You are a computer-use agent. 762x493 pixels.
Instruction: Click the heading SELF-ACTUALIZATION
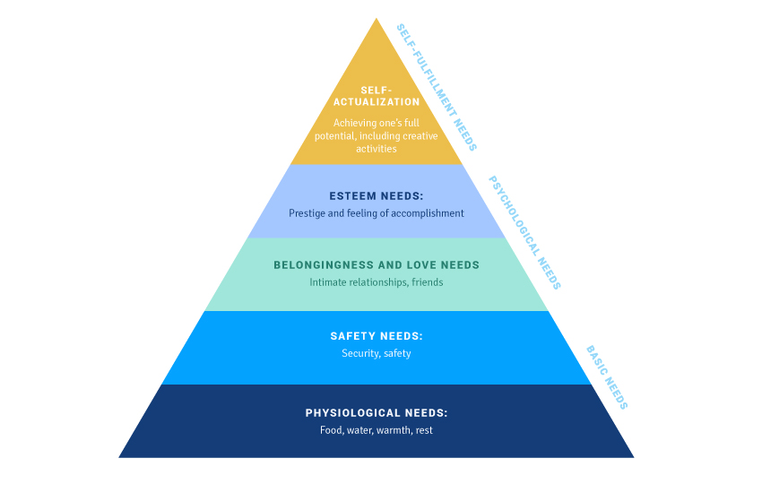377,96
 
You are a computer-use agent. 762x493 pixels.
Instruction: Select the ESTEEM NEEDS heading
376,195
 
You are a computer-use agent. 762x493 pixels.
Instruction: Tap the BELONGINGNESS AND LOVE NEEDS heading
377,265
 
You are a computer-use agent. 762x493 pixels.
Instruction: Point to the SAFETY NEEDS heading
377,336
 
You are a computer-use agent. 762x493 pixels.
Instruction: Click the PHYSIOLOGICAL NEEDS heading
377,413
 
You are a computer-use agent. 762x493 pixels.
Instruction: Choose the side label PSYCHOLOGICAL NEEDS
524,232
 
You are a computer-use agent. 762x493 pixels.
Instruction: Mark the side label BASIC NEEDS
607,377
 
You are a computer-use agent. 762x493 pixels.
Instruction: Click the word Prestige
306,213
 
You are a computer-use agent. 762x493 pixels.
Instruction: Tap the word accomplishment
429,213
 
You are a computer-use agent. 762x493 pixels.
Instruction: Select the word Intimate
328,282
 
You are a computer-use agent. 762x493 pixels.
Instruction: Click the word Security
359,353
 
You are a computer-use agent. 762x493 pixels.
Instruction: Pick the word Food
331,430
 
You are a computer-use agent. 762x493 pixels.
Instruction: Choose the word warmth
393,430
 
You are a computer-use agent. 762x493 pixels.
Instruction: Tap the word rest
424,430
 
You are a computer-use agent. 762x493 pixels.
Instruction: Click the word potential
334,136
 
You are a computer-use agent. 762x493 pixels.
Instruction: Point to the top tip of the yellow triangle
377,19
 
